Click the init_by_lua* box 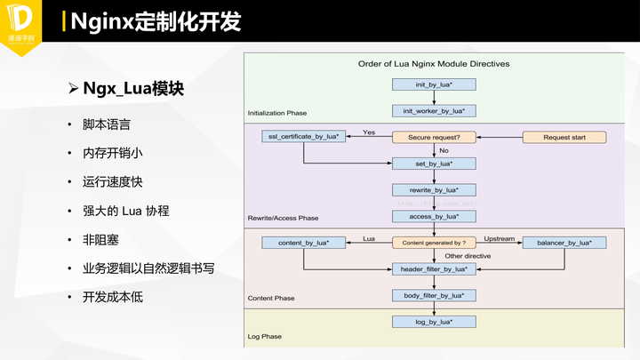(434, 85)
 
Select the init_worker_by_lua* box (434, 111)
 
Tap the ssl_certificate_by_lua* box (303, 137)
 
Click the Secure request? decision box (434, 137)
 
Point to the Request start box (564, 137)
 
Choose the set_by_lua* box (434, 164)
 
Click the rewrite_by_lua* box (434, 189)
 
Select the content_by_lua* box (303, 242)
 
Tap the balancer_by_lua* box (564, 242)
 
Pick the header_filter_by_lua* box (434, 268)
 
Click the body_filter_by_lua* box (434, 294)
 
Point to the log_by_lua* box (434, 321)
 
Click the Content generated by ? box (434, 242)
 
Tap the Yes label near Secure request (369, 132)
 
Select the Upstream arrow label (499, 237)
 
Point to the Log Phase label (264, 337)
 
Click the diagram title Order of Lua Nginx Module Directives (433, 64)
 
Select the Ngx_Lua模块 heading (133, 89)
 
